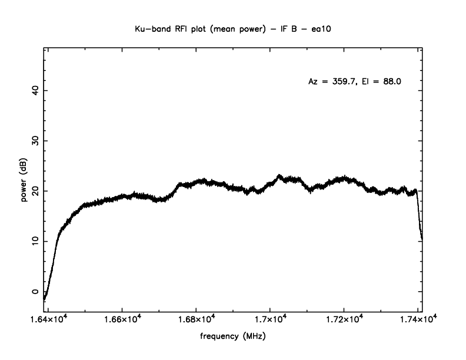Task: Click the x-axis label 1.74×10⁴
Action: tap(418, 319)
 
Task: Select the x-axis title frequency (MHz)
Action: tap(234, 339)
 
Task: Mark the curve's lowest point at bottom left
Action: tap(45, 299)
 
